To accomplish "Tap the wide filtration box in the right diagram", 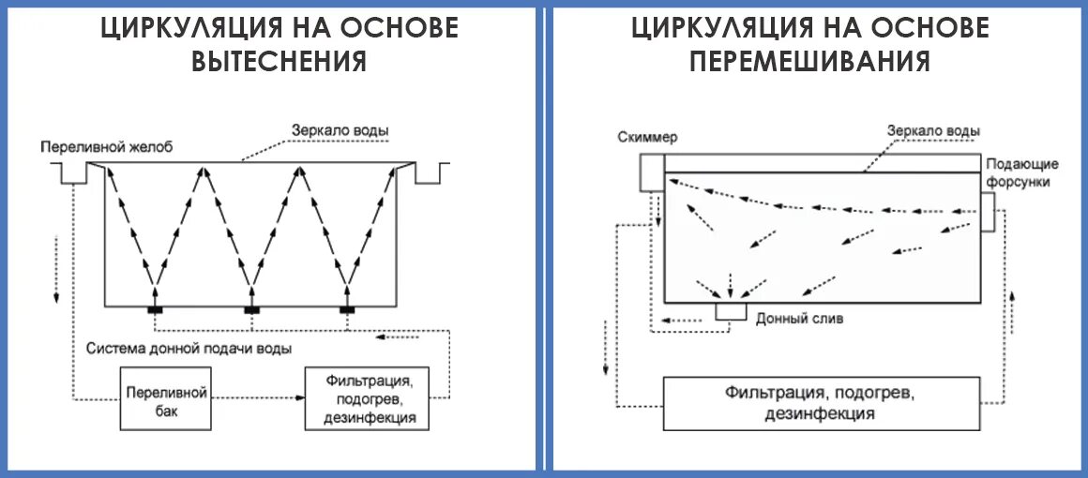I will point(821,403).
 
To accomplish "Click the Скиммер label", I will point(647,137).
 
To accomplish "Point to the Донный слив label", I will point(799,318).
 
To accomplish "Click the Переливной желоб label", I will point(106,147).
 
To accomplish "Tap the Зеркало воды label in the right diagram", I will point(934,130).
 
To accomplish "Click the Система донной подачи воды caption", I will point(188,349).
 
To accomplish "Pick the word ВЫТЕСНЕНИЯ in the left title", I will point(278,62).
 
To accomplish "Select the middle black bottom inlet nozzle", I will point(251,309).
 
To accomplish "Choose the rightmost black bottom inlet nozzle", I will point(348,309).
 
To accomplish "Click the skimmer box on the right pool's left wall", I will point(650,173).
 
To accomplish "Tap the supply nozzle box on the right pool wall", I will point(988,212).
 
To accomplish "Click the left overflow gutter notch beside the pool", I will point(72,172).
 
